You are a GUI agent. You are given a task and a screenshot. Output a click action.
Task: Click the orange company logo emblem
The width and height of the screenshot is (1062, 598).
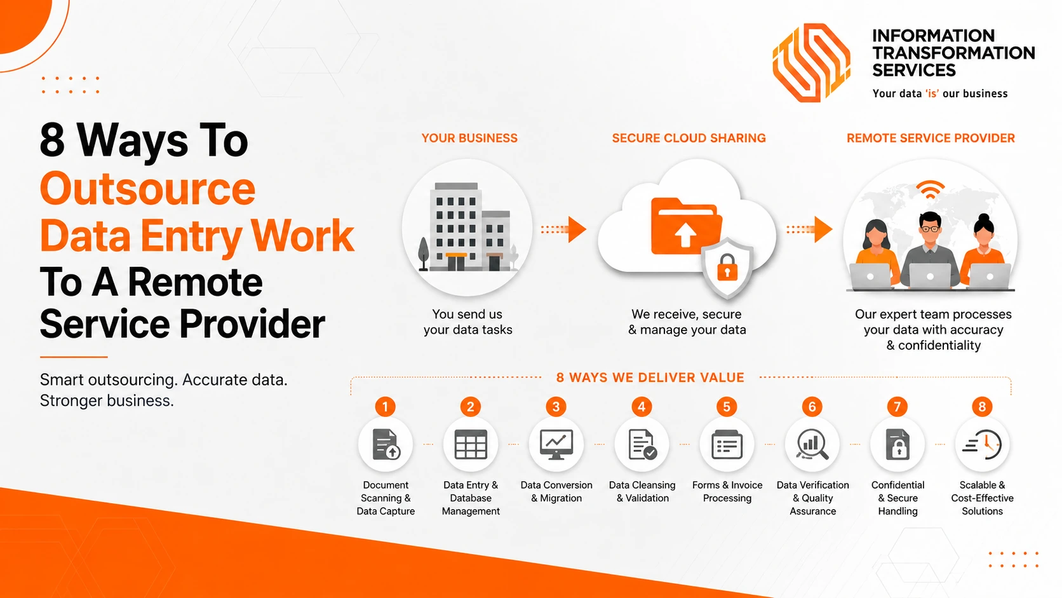pos(811,63)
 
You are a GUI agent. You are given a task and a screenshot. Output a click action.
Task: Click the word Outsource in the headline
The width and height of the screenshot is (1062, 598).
pos(147,189)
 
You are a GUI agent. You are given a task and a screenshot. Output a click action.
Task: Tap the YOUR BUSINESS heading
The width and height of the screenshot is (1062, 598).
pos(469,138)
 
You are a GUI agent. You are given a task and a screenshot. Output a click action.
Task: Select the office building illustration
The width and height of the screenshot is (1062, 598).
pos(467,227)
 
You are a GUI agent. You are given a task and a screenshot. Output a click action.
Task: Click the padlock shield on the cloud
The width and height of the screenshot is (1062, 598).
pos(727,267)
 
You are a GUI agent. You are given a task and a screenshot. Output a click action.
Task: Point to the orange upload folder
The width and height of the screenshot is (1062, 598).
pos(686,227)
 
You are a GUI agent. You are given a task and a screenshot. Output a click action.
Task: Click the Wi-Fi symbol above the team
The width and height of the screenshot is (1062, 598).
pos(930,189)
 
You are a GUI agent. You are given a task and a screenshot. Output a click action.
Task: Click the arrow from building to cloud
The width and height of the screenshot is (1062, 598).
pos(564,229)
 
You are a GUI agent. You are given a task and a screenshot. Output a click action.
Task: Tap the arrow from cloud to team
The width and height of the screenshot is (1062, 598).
pos(809,229)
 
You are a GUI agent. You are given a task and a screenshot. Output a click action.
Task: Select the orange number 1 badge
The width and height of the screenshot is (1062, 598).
pos(385,407)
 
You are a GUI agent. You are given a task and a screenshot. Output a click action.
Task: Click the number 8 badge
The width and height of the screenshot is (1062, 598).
pos(982,407)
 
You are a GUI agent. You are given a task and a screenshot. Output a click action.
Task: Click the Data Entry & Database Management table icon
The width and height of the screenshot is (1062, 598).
pos(470,444)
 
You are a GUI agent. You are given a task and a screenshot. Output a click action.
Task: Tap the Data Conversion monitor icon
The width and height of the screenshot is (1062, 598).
pos(556,444)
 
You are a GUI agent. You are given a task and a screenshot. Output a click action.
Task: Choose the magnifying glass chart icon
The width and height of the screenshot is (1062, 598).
pos(812,444)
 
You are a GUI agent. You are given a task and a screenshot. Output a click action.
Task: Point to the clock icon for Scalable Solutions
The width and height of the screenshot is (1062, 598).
pos(983,444)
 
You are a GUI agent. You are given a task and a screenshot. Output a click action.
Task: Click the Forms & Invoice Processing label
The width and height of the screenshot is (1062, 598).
pos(727,491)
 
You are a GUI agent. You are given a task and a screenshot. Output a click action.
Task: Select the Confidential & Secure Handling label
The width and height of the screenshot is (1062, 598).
pos(897,498)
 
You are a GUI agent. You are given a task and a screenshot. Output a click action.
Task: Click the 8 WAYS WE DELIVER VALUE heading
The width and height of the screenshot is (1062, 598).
pos(650,377)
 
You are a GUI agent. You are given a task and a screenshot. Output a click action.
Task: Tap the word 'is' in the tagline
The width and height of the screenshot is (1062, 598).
pos(932,93)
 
